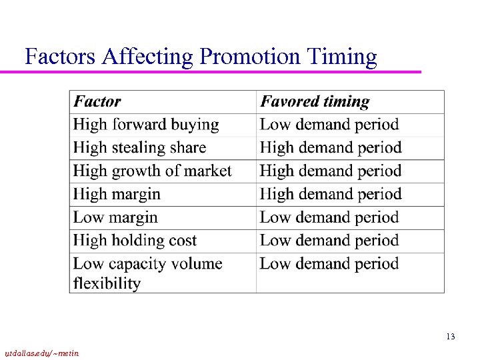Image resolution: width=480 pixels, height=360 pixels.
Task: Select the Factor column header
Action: pos(97,102)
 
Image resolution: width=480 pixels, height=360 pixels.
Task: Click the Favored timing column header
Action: pos(315,102)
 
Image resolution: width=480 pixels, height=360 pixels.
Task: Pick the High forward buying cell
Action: pos(146,125)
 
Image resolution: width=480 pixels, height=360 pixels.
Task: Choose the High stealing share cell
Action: pos(139,148)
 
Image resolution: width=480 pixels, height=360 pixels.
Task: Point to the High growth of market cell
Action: pos(152,171)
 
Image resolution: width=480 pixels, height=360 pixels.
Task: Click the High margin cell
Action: pos(117,195)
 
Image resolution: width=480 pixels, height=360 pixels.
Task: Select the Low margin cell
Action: pos(115,218)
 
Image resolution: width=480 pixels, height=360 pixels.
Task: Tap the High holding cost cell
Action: pos(135,241)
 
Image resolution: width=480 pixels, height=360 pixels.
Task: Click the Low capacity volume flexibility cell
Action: pos(147,273)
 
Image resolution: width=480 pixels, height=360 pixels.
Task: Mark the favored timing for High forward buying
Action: pos(329,125)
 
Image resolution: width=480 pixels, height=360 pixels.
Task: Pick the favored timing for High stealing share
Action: pos(331,148)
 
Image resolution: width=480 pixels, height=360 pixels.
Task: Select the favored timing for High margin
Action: pos(331,195)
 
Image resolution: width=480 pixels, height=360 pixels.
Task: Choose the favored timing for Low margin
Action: pos(329,218)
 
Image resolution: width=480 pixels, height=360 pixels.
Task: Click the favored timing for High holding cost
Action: pos(329,241)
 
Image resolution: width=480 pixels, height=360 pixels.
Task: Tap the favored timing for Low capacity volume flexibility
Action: pos(329,264)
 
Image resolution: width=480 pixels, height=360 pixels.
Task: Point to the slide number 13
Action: pos(451,337)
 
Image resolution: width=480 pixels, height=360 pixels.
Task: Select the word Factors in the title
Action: pos(61,57)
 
